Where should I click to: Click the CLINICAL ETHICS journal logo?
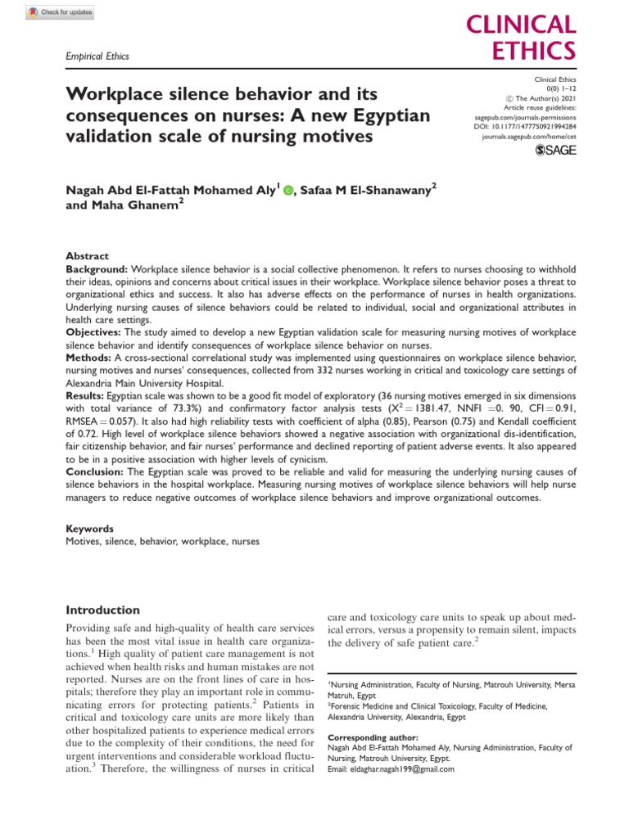(x=530, y=38)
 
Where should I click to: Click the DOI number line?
(x=533, y=128)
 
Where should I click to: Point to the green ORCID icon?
(x=287, y=190)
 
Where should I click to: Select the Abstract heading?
(x=86, y=256)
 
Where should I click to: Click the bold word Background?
(x=97, y=269)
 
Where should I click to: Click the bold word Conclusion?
(x=96, y=471)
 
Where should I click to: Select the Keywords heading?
(x=89, y=529)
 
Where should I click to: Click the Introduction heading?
(x=102, y=610)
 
